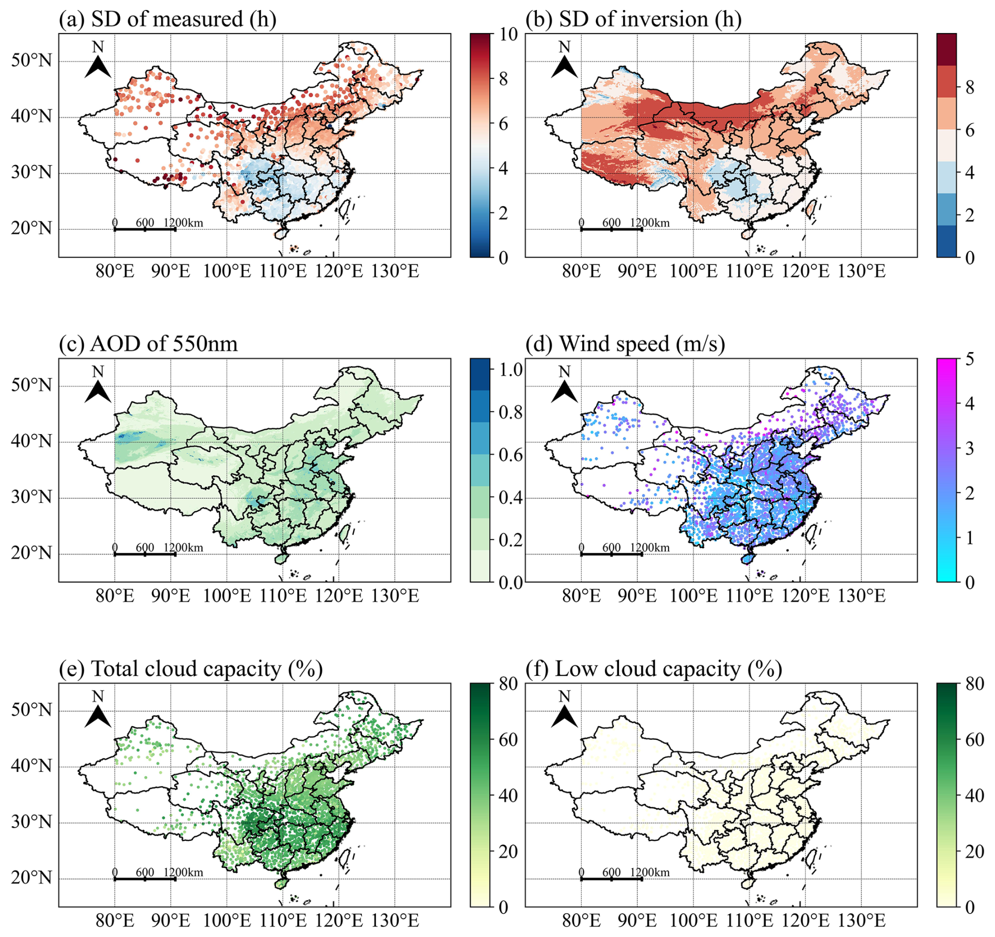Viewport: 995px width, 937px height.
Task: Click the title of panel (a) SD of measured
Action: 167,19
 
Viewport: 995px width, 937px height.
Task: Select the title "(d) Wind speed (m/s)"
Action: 625,344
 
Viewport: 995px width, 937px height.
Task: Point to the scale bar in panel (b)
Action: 611,229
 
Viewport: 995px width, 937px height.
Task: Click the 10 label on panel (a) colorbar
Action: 507,35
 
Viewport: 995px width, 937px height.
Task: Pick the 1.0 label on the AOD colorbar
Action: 511,369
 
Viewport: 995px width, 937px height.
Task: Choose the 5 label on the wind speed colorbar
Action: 969,359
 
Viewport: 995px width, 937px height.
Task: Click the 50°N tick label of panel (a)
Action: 32,61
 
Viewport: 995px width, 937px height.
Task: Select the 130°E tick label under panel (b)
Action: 861,272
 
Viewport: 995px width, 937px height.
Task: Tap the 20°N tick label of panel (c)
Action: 32,553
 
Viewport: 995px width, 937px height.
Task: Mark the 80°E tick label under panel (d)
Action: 581,596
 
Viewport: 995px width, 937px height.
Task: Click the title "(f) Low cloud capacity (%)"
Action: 654,669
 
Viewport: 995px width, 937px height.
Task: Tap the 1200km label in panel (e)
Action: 184,872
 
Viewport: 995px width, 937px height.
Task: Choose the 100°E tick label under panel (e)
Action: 227,921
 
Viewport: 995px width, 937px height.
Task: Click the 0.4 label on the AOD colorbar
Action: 511,497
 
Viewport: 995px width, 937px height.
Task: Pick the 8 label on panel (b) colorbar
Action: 969,88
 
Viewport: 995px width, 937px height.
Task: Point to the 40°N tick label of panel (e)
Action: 32,767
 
